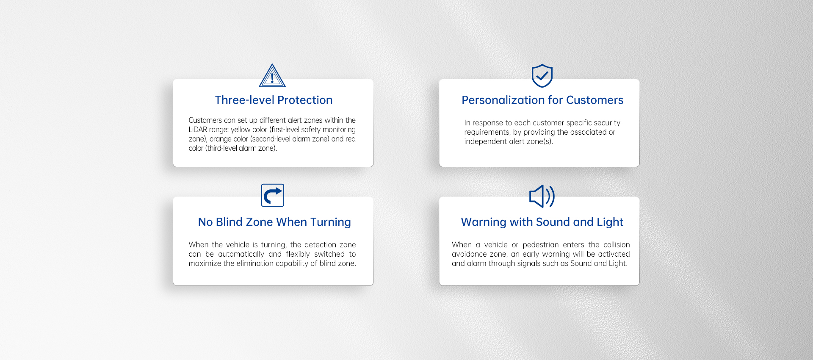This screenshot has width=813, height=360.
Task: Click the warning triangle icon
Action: coord(272,76)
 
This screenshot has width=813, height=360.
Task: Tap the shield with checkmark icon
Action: coord(542,76)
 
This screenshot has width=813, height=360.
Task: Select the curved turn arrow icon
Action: coord(273,195)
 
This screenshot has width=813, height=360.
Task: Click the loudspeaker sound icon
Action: coord(542,196)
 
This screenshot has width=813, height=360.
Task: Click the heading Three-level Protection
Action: coord(274,100)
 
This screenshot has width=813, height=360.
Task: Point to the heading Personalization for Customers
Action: coord(542,100)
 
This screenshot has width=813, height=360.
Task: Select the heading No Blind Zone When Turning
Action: coord(274,222)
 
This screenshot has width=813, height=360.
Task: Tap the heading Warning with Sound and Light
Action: coord(542,222)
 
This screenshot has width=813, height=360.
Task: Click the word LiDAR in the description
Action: coord(198,130)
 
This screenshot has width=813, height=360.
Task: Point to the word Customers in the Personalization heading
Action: coord(595,100)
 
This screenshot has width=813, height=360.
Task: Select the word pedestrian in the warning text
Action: coord(541,245)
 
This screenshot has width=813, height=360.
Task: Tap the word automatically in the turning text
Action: coord(241,254)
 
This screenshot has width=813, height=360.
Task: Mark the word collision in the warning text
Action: coord(617,245)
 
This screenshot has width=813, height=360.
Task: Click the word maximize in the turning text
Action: coord(205,263)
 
